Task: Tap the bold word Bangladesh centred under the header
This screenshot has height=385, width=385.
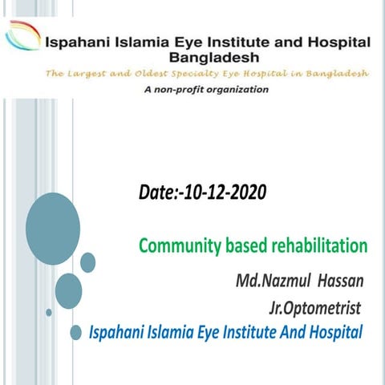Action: (215, 58)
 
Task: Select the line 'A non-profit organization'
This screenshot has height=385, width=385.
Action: (206, 90)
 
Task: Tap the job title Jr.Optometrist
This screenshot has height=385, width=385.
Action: (315, 307)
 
